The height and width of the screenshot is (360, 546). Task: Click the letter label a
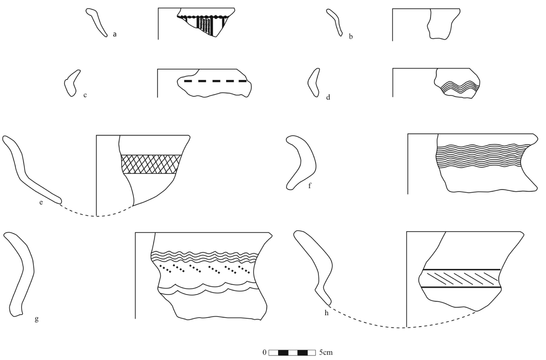pos(115,34)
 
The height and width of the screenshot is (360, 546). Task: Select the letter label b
pos(351,37)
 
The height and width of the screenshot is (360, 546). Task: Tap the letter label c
pos(85,95)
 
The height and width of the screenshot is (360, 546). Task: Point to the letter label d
pos(328,97)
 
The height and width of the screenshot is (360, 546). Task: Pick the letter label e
pos(41,202)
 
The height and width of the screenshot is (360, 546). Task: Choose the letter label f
pos(310,186)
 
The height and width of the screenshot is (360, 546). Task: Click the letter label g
pos(37,319)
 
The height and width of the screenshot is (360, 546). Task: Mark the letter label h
pos(327,313)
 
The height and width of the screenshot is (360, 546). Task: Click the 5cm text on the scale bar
pos(326,352)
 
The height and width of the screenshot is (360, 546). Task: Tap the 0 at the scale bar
pos(265,352)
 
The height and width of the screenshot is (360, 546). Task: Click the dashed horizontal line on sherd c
pos(215,81)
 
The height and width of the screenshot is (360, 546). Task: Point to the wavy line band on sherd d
pos(460,87)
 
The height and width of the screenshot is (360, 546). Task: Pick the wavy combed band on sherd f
pos(482,156)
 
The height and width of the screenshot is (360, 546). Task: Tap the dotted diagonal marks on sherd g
pos(206,269)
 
